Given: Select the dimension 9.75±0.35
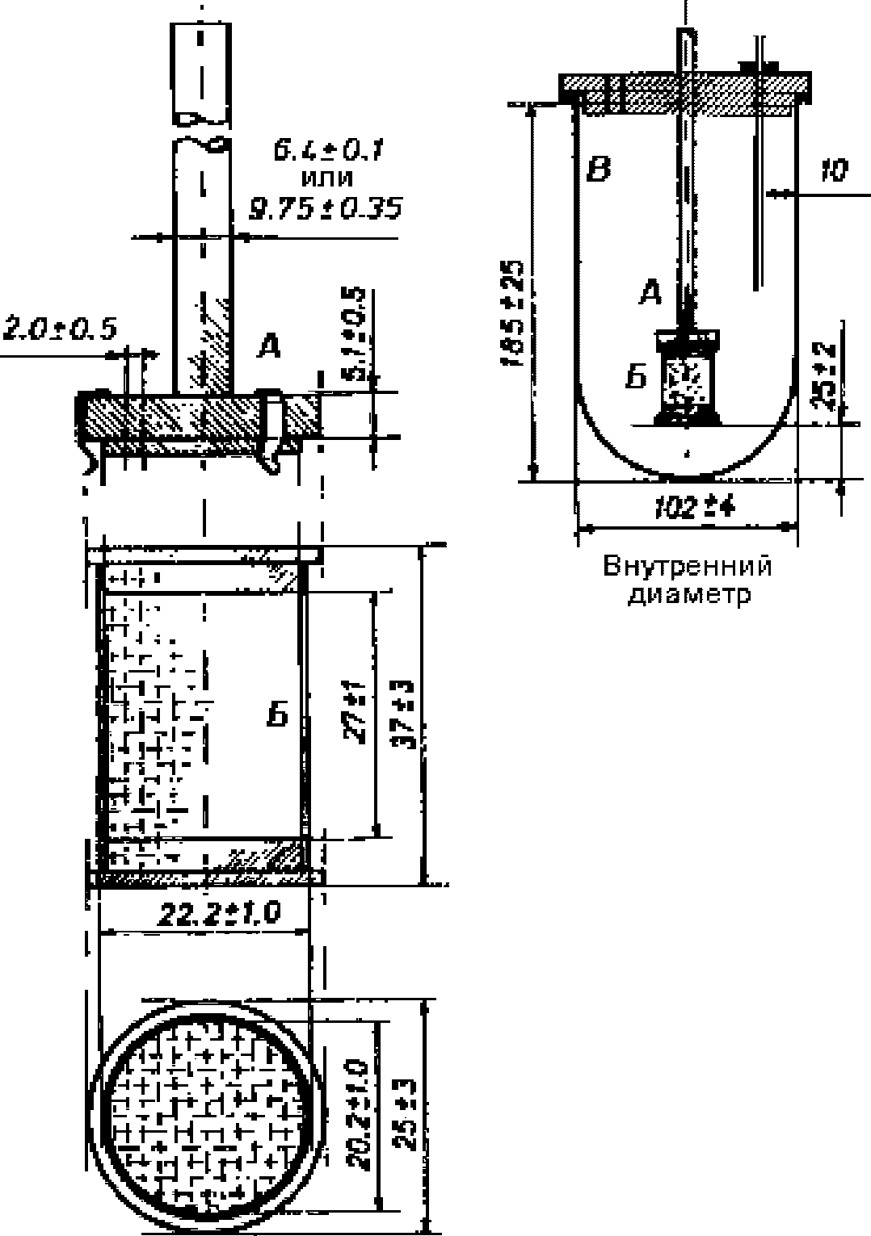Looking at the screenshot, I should click(x=326, y=209).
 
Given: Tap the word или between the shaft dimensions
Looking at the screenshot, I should click(x=326, y=179).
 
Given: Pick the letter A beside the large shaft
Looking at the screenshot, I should click(x=269, y=347).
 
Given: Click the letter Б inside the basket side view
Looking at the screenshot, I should click(x=277, y=715).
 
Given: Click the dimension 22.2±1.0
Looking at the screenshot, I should click(x=219, y=914).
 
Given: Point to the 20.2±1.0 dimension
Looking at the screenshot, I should click(x=360, y=1115).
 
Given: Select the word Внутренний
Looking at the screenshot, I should click(x=688, y=566).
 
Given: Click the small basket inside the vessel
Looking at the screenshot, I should click(x=687, y=376).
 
